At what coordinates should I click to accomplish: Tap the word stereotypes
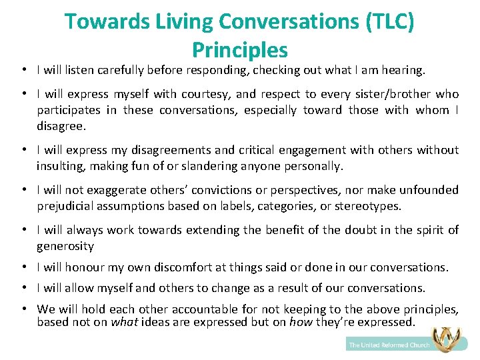pyautogui.click(x=369, y=206)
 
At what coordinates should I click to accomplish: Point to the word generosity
pyautogui.click(x=65, y=246)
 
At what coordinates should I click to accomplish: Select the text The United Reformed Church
pyautogui.click(x=389, y=345)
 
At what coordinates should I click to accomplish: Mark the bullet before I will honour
pyautogui.click(x=23, y=267)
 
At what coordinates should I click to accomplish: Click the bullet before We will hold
pyautogui.click(x=23, y=309)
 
